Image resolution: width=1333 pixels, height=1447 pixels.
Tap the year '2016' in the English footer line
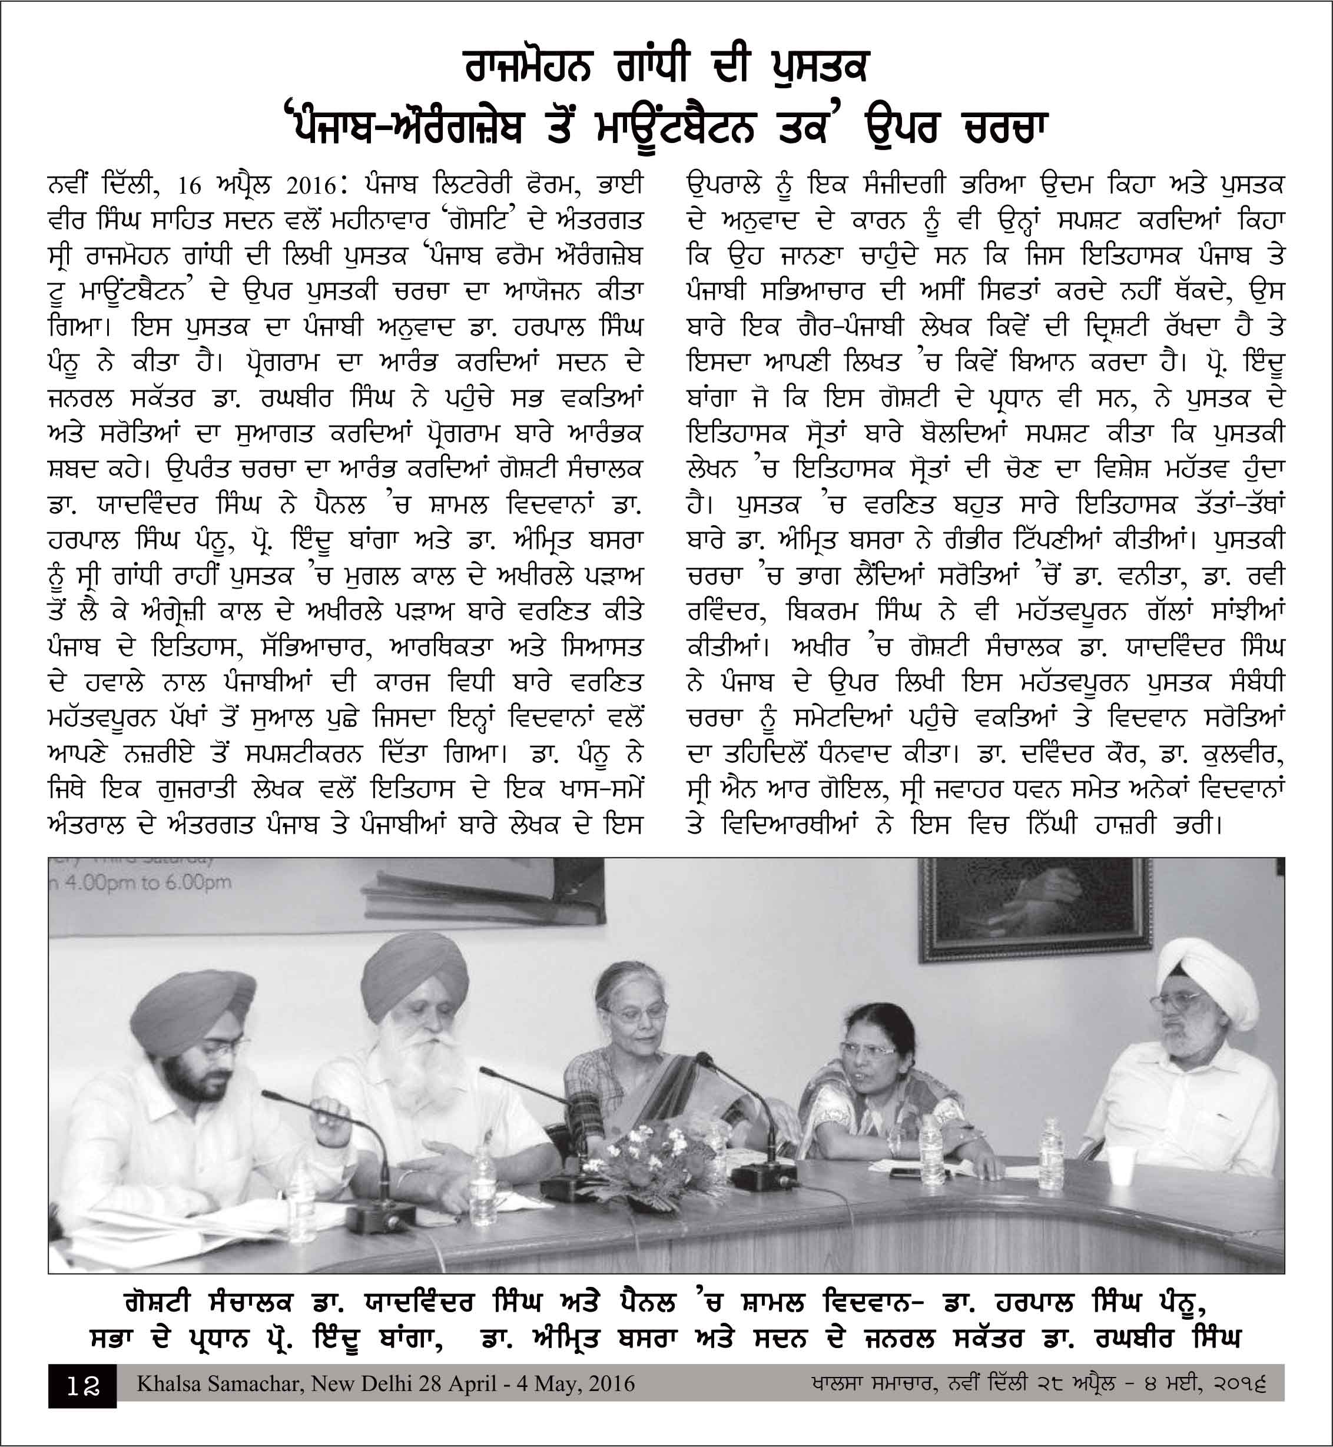[x=611, y=1383]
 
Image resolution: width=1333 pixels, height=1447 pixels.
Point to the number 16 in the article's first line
[x=190, y=186]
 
